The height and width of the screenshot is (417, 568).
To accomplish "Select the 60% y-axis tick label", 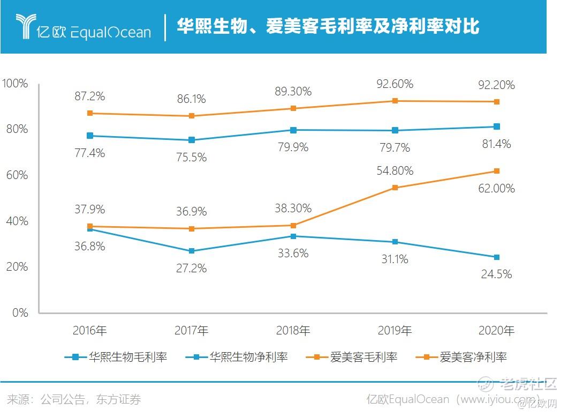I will [17, 175].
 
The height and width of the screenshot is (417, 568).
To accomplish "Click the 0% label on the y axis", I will [20, 313].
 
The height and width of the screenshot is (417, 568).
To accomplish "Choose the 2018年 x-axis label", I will [293, 331].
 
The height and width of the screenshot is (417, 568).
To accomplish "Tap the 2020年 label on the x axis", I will [497, 331].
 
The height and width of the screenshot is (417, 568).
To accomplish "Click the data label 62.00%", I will [496, 188].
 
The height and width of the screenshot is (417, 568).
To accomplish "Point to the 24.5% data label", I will [496, 274].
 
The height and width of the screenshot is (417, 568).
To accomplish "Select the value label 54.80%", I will [395, 171].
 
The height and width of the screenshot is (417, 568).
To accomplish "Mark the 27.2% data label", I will [191, 268].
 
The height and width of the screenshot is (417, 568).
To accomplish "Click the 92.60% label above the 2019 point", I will [395, 84].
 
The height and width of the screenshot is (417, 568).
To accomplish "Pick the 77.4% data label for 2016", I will [89, 153].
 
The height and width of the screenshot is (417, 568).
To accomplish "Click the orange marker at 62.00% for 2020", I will [497, 171].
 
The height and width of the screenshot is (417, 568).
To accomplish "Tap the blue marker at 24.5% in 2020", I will [497, 257].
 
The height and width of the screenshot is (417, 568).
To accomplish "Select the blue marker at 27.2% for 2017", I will [191, 251].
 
